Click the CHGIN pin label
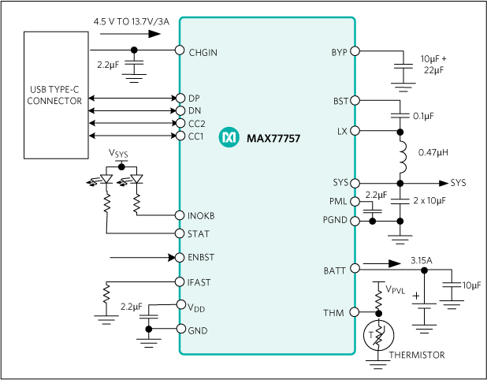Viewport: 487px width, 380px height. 203,53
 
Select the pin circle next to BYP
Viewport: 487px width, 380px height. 355,51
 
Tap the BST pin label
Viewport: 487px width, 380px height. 340,102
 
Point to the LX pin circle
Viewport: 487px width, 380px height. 355,131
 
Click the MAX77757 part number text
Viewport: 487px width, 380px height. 273,138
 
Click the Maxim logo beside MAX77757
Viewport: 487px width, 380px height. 229,137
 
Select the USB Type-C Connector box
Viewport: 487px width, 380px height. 55,95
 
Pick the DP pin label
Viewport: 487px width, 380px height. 194,99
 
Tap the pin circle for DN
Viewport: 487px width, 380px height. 180,110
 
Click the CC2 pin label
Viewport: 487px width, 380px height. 196,124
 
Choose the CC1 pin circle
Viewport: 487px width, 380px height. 180,136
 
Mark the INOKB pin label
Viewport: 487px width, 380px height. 201,216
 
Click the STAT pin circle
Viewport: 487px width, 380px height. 180,233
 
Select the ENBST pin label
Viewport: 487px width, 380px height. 201,258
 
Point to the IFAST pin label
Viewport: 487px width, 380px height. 199,282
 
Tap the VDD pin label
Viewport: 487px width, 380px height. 195,307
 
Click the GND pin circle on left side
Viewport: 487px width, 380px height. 181,329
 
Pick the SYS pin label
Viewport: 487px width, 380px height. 340,183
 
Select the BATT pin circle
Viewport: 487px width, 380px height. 355,268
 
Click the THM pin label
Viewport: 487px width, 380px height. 333,313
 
